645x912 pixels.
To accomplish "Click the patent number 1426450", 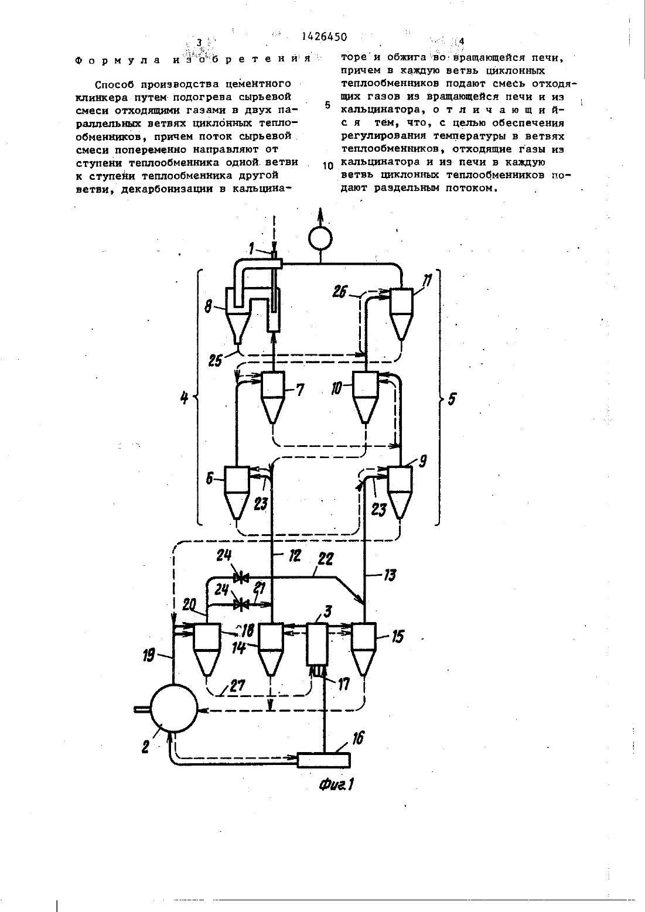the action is pyautogui.click(x=324, y=37).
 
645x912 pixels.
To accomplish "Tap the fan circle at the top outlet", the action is pyautogui.click(x=320, y=238).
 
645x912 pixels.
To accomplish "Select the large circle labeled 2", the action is pyautogui.click(x=174, y=709).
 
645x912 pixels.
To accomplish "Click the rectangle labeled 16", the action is pyautogui.click(x=324, y=760).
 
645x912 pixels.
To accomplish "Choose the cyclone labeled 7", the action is pyautogui.click(x=272, y=397).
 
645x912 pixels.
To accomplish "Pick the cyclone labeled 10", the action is pyautogui.click(x=365, y=397).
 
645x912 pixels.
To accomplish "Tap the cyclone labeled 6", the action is pyautogui.click(x=237, y=492).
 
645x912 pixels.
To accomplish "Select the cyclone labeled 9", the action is pyautogui.click(x=400, y=492).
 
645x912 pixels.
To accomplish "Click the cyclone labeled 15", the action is pyautogui.click(x=364, y=649).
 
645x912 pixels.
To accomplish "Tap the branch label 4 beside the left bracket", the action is pyautogui.click(x=185, y=397).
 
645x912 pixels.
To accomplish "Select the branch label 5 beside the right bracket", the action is pyautogui.click(x=452, y=399).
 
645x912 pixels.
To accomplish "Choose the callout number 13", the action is pyautogui.click(x=390, y=575).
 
